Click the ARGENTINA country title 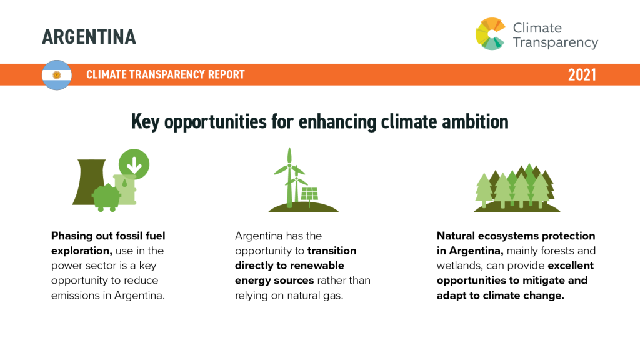coord(89,37)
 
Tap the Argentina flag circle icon coord(57,75)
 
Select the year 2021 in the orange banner coord(582,75)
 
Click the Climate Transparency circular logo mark coord(491,34)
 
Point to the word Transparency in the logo coord(556,43)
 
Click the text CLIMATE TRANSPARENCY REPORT coord(165,74)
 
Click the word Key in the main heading coord(145,122)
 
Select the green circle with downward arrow coord(134,164)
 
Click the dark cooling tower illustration coord(89,182)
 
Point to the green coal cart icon coord(106,197)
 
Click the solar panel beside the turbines coord(309,194)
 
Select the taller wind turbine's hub coord(289,165)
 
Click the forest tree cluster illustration coord(517,187)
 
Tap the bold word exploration coord(82,251)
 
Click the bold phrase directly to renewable coord(289,266)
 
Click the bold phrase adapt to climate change coord(501,296)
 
